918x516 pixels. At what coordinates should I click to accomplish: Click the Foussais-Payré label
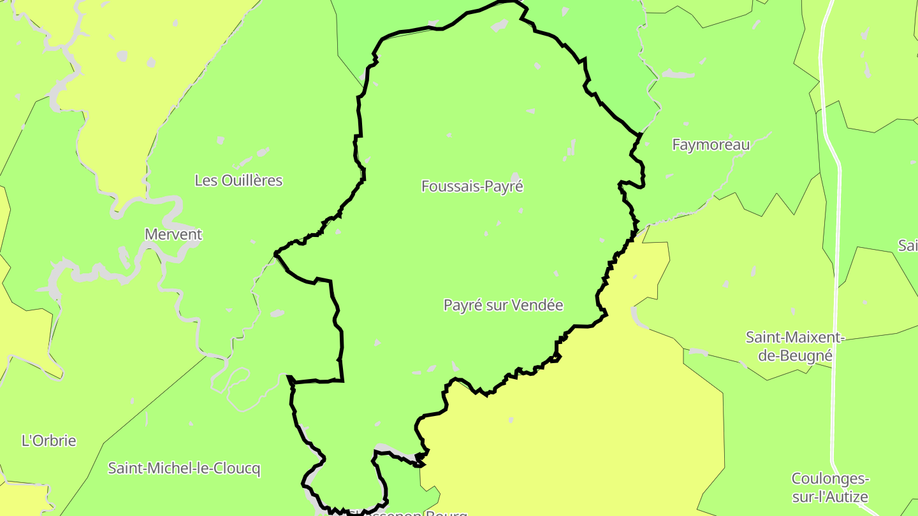[472, 186]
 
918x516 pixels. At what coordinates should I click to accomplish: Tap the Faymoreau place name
[711, 145]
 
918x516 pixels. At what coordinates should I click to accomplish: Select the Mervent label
[173, 234]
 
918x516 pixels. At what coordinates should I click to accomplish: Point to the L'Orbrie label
[48, 440]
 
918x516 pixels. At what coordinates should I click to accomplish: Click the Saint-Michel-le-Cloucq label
[184, 469]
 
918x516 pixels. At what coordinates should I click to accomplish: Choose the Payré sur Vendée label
[503, 305]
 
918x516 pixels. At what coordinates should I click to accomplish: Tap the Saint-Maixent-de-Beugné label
[795, 346]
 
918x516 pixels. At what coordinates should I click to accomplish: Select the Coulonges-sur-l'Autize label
[830, 487]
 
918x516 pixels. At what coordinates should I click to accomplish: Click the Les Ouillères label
[238, 180]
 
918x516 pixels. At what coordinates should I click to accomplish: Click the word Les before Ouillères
[205, 180]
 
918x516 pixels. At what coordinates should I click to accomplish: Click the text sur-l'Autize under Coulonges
[830, 497]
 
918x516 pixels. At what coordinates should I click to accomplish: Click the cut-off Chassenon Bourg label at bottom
[408, 513]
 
